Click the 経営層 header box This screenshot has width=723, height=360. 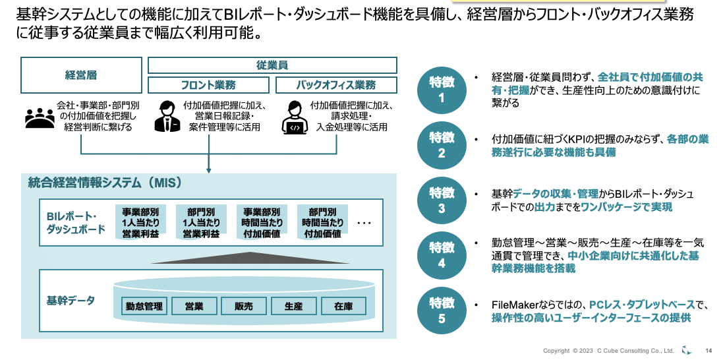(x=82, y=75)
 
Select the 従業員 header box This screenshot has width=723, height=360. (x=272, y=65)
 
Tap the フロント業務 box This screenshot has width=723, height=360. (x=208, y=85)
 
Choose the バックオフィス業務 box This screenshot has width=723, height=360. (x=336, y=85)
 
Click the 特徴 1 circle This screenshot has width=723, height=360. (x=442, y=90)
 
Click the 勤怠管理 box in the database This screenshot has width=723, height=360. (x=144, y=306)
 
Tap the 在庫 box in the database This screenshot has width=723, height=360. (x=343, y=306)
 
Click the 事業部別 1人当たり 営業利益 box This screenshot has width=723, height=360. (x=140, y=223)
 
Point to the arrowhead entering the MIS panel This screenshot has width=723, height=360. (x=209, y=170)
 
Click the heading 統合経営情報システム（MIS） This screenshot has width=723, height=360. (x=105, y=183)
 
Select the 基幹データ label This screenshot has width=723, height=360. (x=71, y=301)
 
